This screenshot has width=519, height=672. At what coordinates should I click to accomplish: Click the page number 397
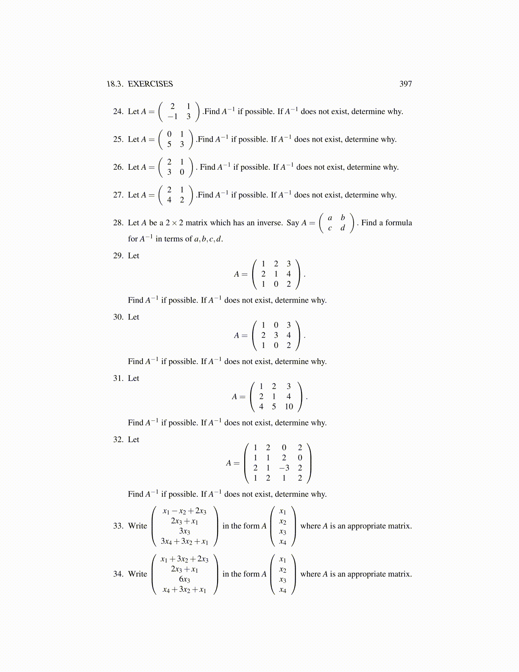pos(405,84)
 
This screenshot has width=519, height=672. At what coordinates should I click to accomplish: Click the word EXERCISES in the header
pos(150,84)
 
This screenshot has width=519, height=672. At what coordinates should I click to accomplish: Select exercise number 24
pos(118,112)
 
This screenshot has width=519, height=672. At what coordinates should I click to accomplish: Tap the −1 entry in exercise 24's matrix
pos(172,117)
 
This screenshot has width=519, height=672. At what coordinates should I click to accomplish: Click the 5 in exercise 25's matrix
pos(169,144)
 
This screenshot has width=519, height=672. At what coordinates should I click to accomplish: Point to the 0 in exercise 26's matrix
pos(182,172)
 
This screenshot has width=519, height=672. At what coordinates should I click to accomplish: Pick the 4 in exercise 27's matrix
pos(169,200)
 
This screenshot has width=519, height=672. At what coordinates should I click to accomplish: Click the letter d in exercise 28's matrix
pos(343,228)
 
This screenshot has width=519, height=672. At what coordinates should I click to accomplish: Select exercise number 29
pos(118,256)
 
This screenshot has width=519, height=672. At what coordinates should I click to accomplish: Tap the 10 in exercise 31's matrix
pos(289,407)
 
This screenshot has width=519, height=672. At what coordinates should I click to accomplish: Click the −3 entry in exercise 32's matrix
pos(284,468)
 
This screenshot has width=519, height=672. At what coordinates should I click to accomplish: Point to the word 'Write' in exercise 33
pos(137,526)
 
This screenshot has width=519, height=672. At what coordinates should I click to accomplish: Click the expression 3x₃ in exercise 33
pos(184,531)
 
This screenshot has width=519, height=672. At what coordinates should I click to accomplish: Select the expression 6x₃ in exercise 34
pos(184,580)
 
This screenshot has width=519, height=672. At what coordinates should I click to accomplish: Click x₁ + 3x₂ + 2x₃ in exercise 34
pos(184,559)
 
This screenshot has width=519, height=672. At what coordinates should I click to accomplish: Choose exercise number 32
pos(118,440)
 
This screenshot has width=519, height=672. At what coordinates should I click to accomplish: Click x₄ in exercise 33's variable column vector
pos(283,542)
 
